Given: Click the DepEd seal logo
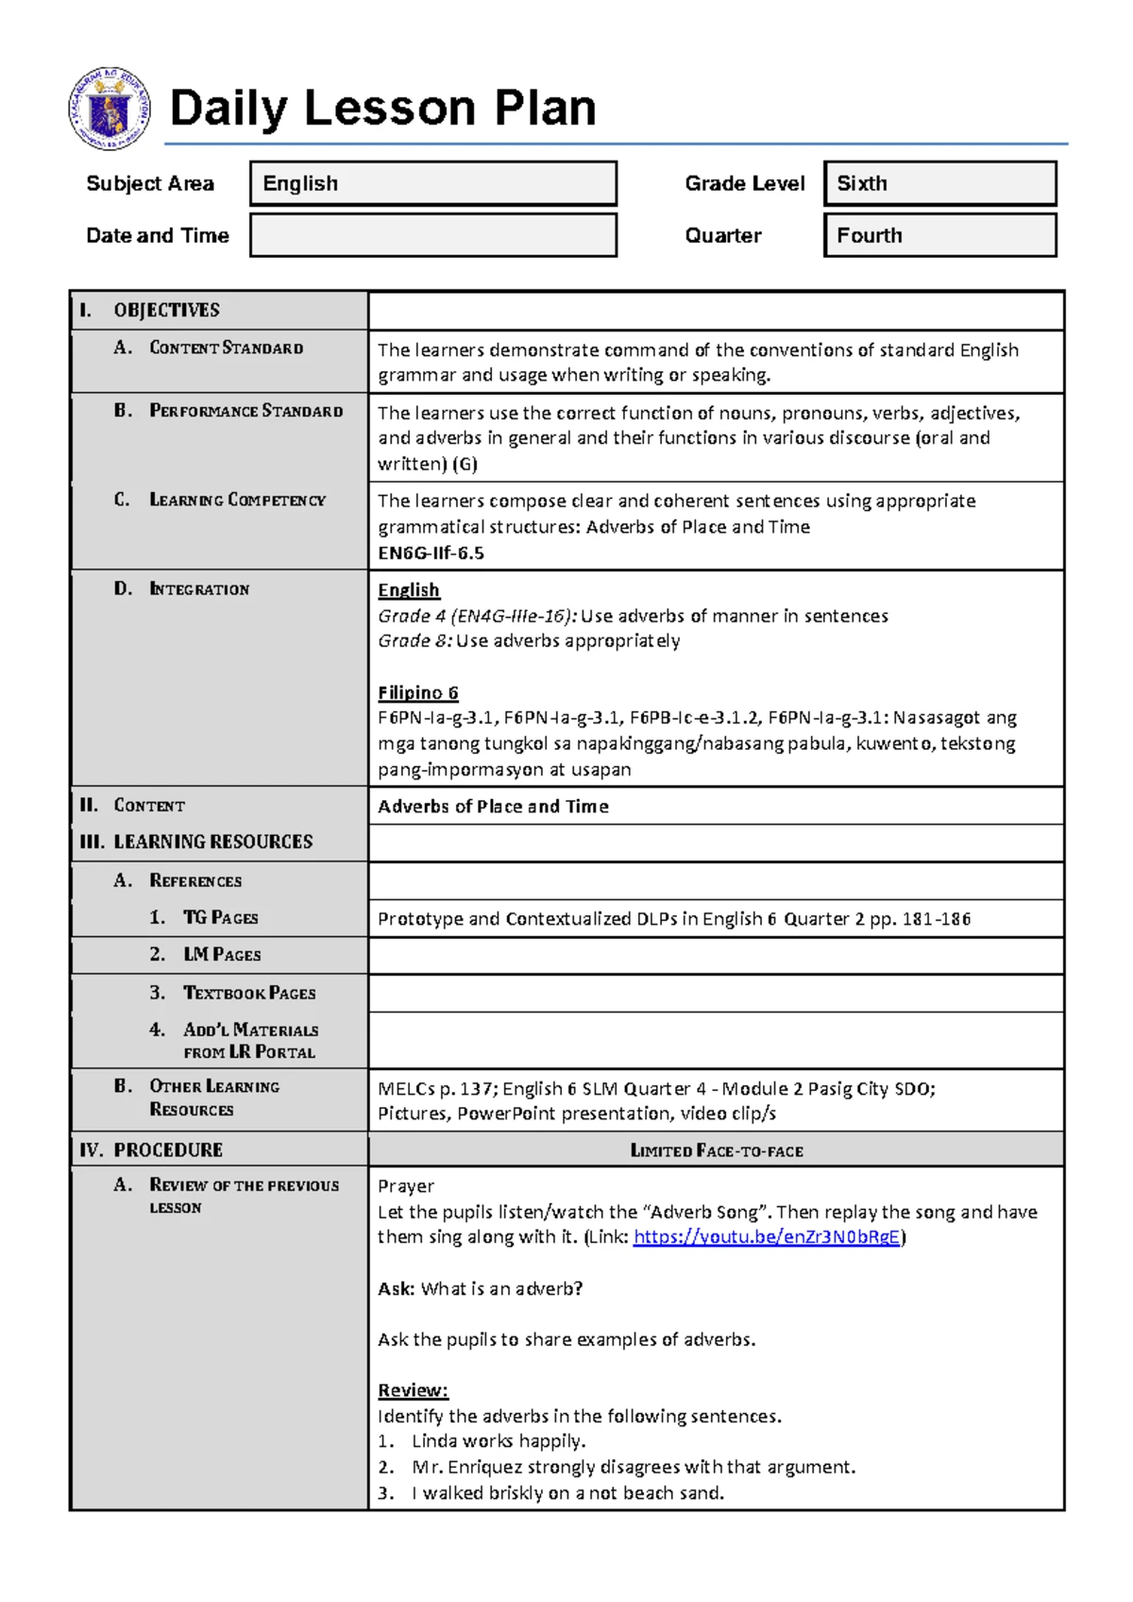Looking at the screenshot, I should tap(109, 109).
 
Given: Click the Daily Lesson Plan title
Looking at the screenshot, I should tap(382, 108).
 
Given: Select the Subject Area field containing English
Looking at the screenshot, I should tap(432, 183).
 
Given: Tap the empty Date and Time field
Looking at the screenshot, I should tap(432, 235).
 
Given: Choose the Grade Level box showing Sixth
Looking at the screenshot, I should tap(939, 183).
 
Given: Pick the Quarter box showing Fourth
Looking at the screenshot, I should tap(939, 235).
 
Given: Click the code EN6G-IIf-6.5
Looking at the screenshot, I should tap(431, 554).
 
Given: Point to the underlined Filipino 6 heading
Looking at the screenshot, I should tap(417, 692).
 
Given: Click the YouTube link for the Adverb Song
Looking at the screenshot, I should tap(766, 1237).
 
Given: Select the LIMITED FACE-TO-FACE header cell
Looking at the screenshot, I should tap(716, 1150).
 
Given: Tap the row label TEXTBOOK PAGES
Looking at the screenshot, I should tap(249, 993).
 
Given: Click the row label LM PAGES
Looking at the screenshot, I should tap(222, 955).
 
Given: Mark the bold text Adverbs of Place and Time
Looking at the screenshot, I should tap(493, 807).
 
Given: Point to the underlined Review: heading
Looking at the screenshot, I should tap(413, 1390).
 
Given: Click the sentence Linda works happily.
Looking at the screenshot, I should tap(498, 1441).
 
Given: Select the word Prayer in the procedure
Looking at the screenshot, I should tap(406, 1186).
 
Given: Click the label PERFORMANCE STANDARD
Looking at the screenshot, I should tap(245, 411).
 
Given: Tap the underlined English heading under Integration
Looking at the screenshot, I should tap(408, 590).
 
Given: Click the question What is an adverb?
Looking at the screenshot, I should tap(500, 1288).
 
